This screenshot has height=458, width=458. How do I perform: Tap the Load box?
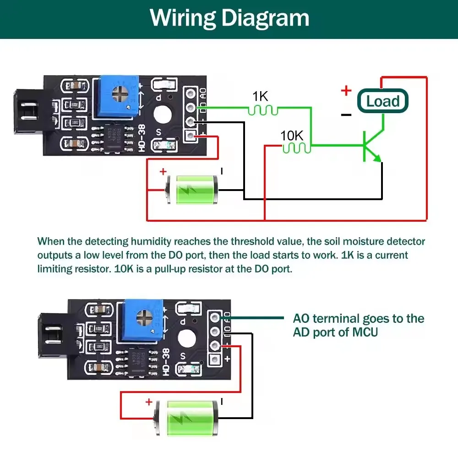pos(383,101)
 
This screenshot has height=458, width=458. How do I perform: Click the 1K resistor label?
pos(260,96)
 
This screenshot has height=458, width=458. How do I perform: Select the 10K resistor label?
pos(292,136)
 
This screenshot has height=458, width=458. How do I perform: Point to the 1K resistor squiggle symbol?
pos(263,109)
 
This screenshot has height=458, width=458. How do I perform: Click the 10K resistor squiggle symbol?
pos(296,147)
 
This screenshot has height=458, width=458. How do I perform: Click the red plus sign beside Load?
pos(346,91)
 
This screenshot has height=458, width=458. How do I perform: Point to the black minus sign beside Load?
pos(346,114)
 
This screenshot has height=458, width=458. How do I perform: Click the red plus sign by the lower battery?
pos(149,402)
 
